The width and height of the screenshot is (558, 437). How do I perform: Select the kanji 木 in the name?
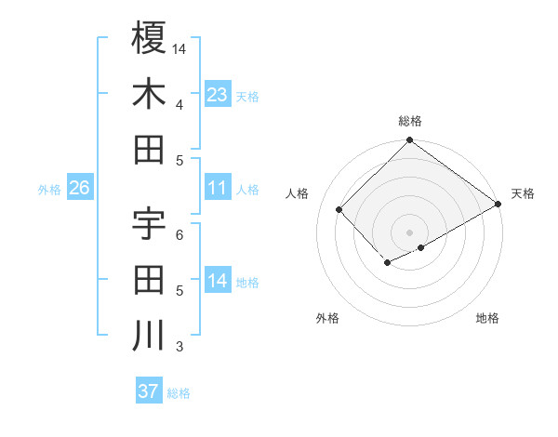(x=149, y=94)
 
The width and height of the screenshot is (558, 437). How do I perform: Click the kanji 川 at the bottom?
(x=149, y=335)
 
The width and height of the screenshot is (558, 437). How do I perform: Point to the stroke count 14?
(x=179, y=48)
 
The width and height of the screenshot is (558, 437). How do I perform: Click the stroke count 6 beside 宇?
(x=179, y=234)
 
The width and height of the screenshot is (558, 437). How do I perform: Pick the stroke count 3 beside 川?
(x=179, y=348)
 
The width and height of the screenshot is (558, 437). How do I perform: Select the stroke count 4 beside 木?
(x=179, y=105)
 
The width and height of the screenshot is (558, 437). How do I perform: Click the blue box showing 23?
(x=218, y=95)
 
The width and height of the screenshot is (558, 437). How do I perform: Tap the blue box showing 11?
(x=218, y=188)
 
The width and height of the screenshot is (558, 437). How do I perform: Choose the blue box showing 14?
(x=218, y=281)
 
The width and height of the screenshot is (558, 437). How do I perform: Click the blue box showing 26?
(x=79, y=188)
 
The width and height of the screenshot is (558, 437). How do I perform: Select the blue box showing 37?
(x=149, y=391)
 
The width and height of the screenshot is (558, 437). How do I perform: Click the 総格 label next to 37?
(x=179, y=392)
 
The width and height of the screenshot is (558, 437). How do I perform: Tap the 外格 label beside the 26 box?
(x=49, y=190)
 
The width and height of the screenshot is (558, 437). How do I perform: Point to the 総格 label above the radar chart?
(x=409, y=121)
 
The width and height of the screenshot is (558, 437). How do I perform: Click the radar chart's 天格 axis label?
(x=523, y=193)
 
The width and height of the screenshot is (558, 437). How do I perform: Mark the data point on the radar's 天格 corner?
(x=498, y=205)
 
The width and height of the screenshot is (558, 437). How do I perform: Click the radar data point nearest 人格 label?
(x=339, y=209)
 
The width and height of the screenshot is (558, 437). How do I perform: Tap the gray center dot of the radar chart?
(x=409, y=231)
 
